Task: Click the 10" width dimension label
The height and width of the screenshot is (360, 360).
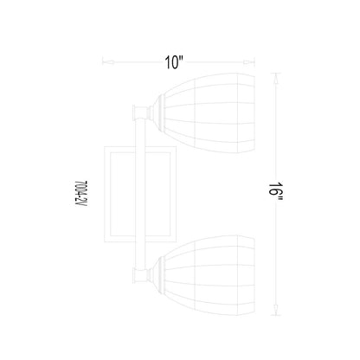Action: (x=174, y=62)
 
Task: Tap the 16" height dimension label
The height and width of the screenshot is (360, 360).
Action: (x=276, y=193)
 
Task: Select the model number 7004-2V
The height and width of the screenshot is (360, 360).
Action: (x=80, y=194)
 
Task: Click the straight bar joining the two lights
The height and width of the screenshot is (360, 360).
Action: (x=140, y=193)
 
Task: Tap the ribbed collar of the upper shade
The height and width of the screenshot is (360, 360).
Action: (x=159, y=112)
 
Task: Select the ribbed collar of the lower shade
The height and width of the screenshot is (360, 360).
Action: (x=159, y=275)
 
